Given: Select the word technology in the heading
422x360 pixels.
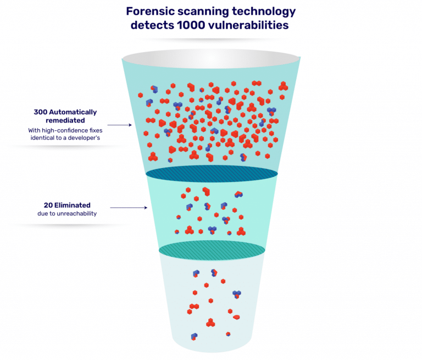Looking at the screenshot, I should (264, 12).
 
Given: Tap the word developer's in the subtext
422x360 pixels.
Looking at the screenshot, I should (96, 138).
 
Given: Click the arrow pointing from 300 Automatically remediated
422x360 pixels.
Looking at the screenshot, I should (124, 125).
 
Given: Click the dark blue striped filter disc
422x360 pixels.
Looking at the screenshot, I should (212, 172).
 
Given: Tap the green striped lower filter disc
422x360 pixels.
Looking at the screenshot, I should (212, 250).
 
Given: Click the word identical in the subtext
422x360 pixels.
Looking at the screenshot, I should (44, 138).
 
